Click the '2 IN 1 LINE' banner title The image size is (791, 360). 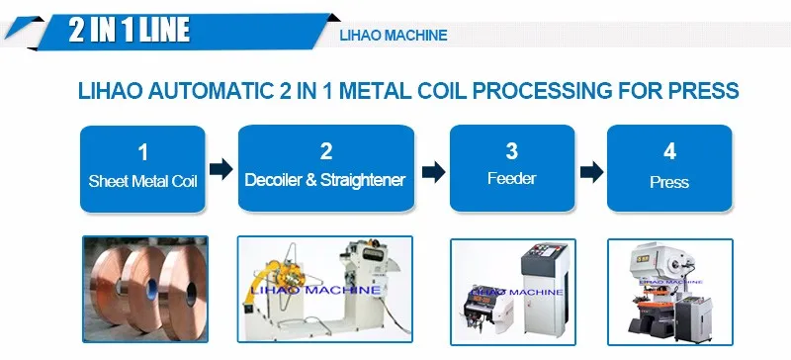pos(130,30)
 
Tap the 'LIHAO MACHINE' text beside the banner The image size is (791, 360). pos(394,36)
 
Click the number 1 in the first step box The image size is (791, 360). pos(143,152)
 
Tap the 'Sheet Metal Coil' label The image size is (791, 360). pos(142,181)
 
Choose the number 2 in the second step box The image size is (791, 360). pos(326,151)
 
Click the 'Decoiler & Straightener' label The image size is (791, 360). pos(325,180)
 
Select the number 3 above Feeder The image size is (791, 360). pos(512,151)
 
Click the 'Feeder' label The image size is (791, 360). pos(511,178)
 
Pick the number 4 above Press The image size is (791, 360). pos(670,151)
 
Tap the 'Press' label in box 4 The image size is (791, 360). pos(669,182)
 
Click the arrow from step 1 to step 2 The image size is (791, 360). pos(221,169)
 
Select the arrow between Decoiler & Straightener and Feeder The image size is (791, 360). pos(434,172)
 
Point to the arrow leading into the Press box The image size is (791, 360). pos(591,172)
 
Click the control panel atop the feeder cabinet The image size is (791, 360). pos(546,259)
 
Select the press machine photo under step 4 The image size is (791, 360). pos(670,292)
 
